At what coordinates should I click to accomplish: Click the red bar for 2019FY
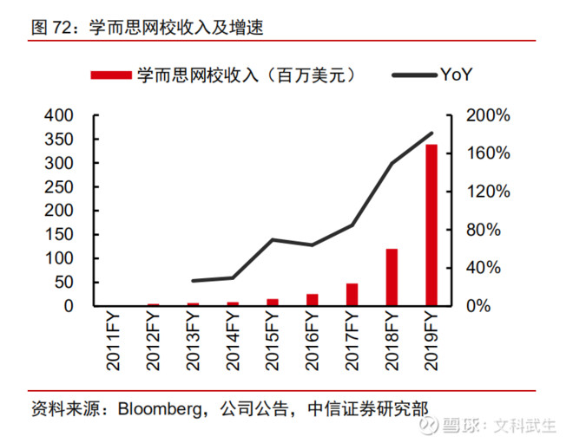(x=431, y=225)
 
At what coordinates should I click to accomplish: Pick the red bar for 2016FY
(x=313, y=300)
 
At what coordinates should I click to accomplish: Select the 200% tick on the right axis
(x=488, y=116)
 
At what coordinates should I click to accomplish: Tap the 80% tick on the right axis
(x=484, y=230)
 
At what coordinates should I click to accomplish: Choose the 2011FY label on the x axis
(x=115, y=344)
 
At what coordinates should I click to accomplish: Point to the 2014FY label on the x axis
(x=233, y=344)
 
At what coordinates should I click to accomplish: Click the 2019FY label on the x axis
(x=431, y=344)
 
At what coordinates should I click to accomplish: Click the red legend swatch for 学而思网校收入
(x=110, y=75)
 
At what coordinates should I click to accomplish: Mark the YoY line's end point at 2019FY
(x=431, y=134)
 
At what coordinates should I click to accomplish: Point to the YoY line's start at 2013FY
(x=193, y=281)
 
